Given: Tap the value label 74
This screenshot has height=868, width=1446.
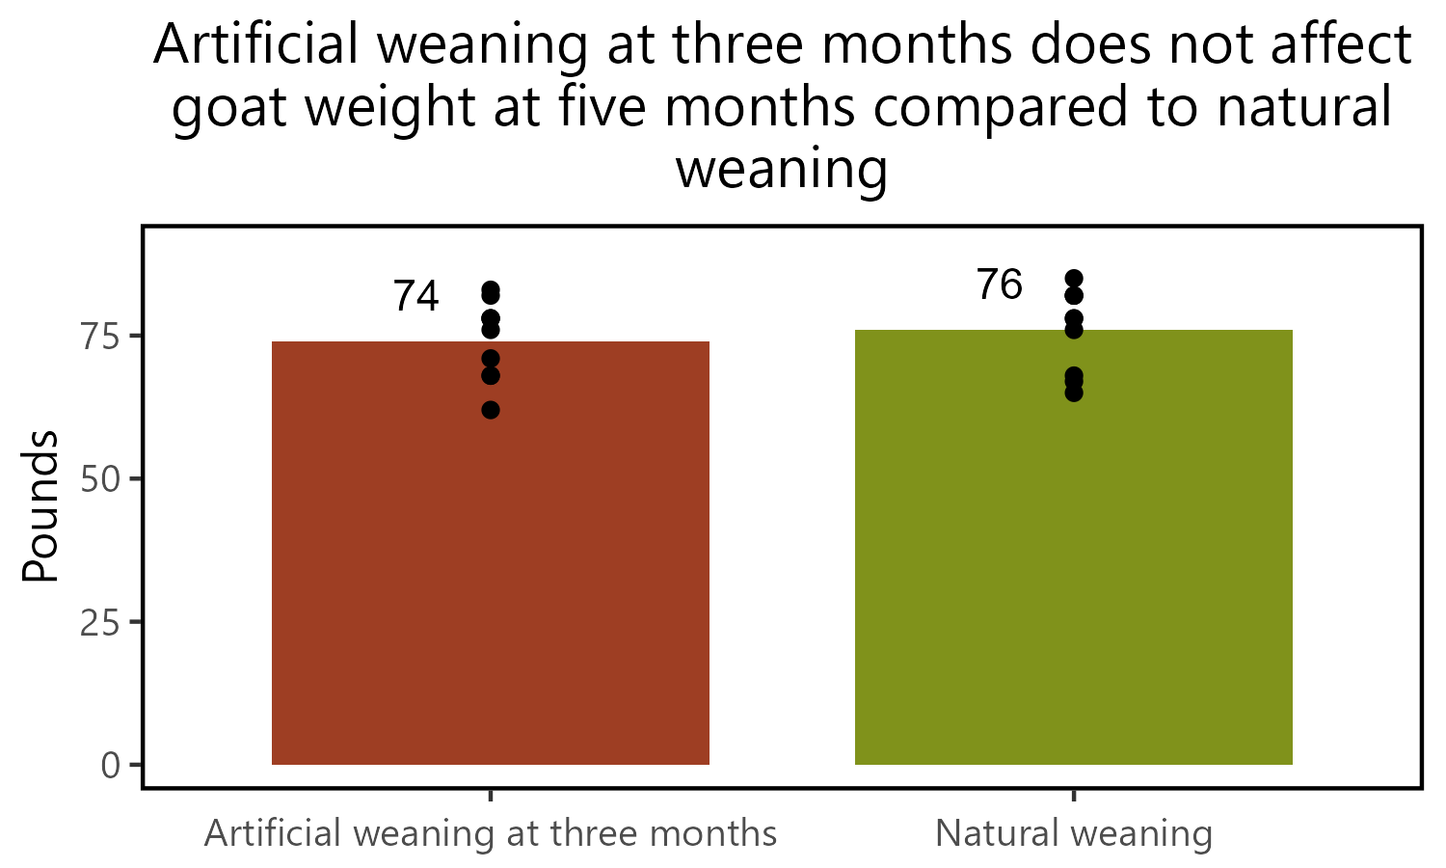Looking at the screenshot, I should [415, 297].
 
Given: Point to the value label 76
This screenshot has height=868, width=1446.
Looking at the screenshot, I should [999, 285].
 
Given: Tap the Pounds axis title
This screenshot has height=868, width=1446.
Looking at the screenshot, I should [40, 506].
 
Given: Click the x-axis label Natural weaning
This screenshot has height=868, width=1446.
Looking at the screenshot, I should [1073, 833].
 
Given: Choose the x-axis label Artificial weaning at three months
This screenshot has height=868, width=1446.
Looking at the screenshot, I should [491, 833].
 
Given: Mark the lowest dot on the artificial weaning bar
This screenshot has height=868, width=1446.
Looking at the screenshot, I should [491, 410].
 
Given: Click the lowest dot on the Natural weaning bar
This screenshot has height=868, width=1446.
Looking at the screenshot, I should [1073, 393].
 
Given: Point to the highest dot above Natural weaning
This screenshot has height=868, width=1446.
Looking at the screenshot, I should [1073, 279].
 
